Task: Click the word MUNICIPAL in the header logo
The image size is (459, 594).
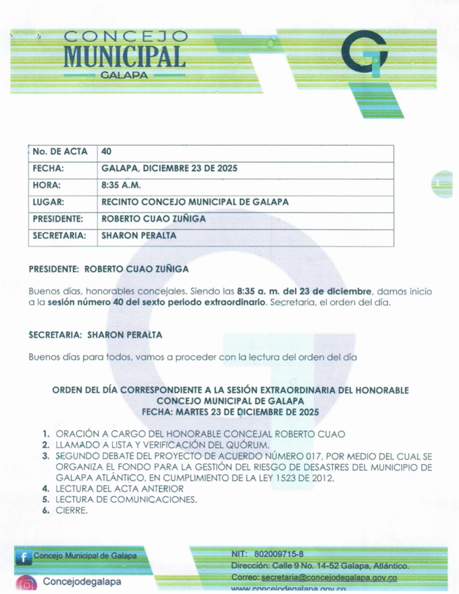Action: (x=124, y=56)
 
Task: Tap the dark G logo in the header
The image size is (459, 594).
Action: (x=364, y=53)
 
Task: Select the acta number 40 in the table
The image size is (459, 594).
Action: (x=107, y=152)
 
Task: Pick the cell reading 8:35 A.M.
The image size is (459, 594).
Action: (x=121, y=186)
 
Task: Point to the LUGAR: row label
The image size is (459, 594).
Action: (x=48, y=202)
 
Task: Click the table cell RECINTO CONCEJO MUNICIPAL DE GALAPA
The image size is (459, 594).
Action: (x=195, y=202)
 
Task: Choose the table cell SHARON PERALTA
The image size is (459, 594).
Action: (x=139, y=236)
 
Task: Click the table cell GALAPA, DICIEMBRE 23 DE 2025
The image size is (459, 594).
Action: (x=169, y=169)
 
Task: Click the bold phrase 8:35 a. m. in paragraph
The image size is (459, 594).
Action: (x=258, y=291)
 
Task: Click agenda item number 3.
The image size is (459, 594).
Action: (x=45, y=457)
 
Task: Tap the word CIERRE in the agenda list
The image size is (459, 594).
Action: (x=71, y=510)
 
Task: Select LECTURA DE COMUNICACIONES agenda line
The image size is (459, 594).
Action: (x=127, y=499)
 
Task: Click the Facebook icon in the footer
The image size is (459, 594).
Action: (x=24, y=557)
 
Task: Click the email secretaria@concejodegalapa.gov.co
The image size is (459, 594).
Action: (x=329, y=578)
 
